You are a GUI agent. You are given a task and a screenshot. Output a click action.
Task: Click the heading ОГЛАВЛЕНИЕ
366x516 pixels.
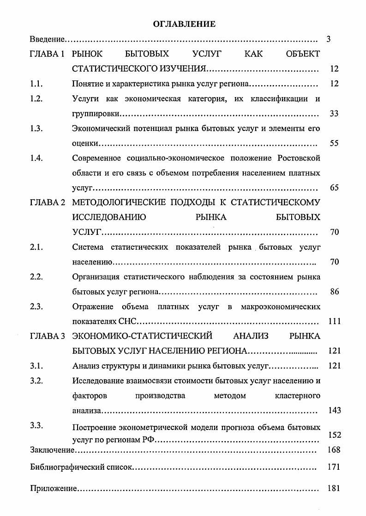[184, 24]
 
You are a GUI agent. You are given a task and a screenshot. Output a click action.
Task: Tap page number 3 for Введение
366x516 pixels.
[328, 40]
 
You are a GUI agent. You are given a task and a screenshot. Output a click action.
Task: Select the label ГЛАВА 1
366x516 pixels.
[47, 55]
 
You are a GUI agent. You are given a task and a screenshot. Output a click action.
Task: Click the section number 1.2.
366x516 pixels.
[36, 99]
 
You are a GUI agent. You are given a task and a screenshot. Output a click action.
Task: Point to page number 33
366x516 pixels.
[334, 114]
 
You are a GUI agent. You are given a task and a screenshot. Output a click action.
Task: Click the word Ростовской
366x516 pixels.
[299, 159]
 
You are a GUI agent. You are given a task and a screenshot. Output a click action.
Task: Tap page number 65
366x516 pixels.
[334, 188]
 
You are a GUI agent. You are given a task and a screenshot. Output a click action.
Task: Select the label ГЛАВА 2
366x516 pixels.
[47, 203]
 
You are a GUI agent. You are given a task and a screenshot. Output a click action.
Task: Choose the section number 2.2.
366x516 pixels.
[36, 277]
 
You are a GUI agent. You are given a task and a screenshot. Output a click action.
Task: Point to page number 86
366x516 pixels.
[334, 292]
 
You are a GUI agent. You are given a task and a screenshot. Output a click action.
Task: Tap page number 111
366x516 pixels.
[334, 321]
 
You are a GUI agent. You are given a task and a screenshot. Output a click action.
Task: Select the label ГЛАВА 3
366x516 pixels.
[47, 336]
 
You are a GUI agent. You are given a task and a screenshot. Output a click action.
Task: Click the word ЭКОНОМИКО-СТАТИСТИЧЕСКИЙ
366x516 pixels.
[142, 336]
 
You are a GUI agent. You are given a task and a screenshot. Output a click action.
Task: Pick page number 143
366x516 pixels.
[334, 411]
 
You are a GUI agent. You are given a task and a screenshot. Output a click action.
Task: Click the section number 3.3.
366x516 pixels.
[36, 426]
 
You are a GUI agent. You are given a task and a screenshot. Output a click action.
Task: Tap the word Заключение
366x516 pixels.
[52, 450]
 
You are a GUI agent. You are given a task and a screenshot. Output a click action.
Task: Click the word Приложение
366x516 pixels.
[53, 489]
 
